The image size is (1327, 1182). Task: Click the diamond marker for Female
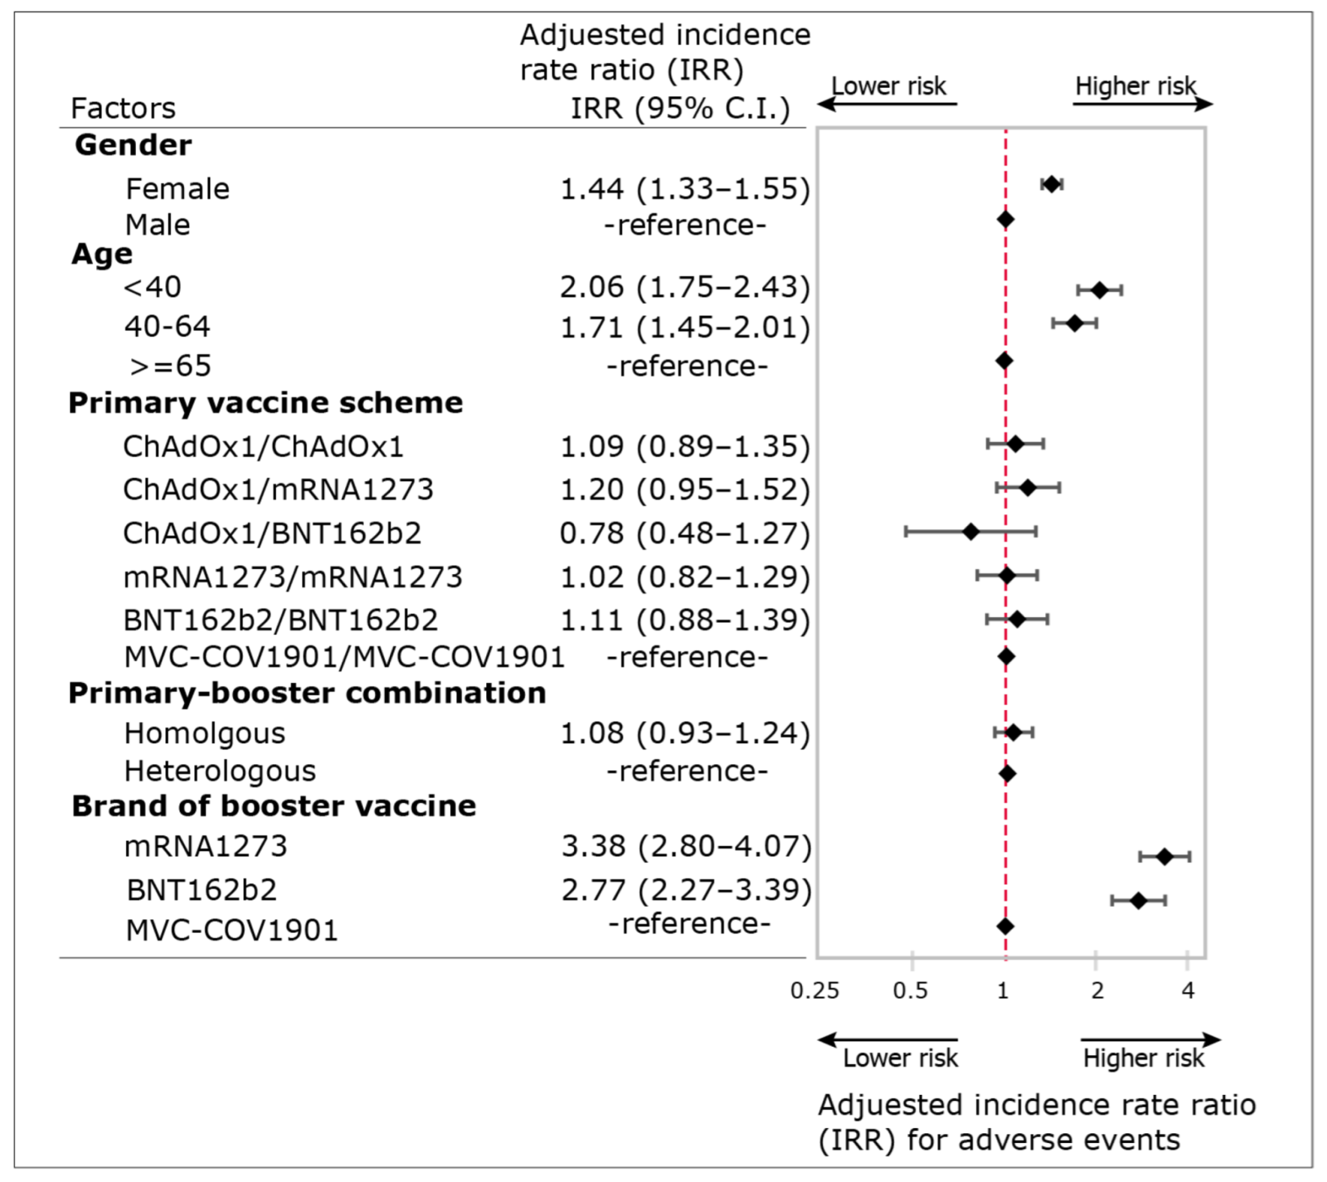coord(1051,184)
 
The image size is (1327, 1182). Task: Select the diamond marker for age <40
coord(1099,290)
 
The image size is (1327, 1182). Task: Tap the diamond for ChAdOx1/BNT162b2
coord(971,532)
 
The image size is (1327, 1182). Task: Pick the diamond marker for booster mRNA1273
coord(1165,857)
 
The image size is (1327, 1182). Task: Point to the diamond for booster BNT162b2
coord(1138,900)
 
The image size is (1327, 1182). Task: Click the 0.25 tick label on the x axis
coord(815,990)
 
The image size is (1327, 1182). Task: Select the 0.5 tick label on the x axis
coord(910,990)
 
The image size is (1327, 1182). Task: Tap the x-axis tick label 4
coord(1187,990)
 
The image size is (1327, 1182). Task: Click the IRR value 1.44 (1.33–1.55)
coord(685,189)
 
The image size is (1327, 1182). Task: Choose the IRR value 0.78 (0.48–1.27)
coord(685,534)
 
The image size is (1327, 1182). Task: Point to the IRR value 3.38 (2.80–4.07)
coord(686,846)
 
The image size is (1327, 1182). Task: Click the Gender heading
coord(133,145)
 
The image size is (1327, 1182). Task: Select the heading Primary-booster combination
coord(307,693)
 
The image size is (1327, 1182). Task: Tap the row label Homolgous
coord(204,733)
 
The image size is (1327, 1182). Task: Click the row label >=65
coord(171,366)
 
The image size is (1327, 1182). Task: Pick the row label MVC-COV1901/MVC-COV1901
coord(344,658)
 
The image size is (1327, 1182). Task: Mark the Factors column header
coord(123,108)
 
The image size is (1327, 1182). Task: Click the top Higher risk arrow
coord(1142,104)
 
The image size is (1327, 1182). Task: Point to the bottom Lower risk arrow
coord(887,1041)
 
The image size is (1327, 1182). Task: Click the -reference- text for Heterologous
coord(687,771)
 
